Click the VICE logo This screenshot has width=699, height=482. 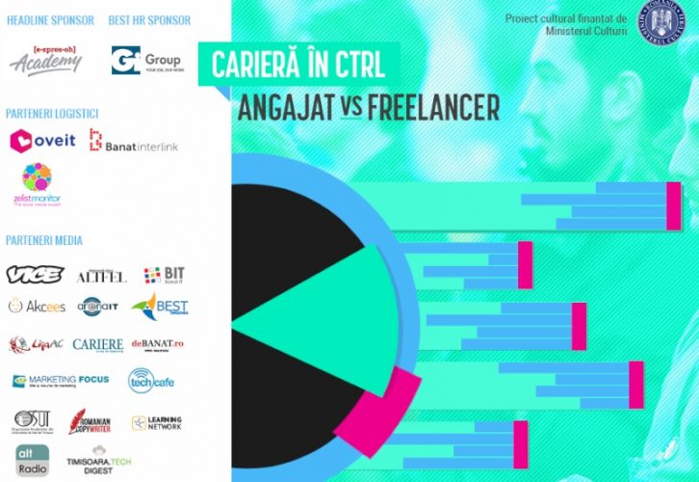click(35, 275)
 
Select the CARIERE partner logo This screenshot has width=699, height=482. click(99, 345)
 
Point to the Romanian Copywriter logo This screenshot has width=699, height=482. click(93, 422)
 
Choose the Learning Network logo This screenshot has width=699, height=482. click(156, 422)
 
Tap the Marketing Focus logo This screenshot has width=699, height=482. click(60, 381)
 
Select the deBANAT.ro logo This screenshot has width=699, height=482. click(158, 344)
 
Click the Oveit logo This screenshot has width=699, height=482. click(42, 141)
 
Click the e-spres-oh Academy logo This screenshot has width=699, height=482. click(45, 60)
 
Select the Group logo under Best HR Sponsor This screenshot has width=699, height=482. click(145, 60)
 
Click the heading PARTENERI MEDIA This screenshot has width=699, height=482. click(44, 240)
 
